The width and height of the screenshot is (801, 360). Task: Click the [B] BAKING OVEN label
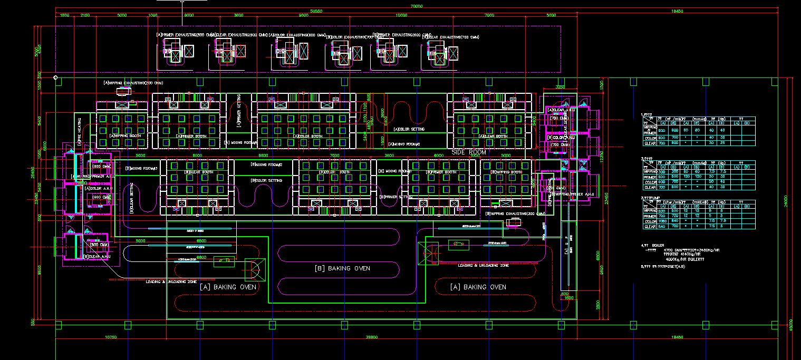coord(342,268)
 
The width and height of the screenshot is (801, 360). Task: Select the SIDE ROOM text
coord(469,152)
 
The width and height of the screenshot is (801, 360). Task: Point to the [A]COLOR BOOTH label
coord(307,136)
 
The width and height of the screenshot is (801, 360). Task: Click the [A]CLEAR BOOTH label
coord(493,136)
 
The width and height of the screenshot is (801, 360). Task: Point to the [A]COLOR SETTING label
coord(410,129)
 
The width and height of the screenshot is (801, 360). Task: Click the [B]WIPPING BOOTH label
coord(506,172)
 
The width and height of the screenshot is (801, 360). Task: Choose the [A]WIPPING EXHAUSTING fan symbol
coord(124,91)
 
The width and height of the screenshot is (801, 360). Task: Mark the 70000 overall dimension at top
coord(417,6)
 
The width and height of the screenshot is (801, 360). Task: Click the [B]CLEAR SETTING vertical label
coord(131,197)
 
